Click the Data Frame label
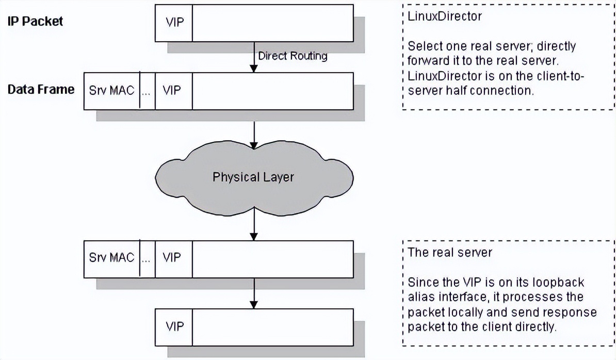click(x=41, y=89)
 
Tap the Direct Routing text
click(x=293, y=56)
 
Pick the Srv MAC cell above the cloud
click(x=111, y=91)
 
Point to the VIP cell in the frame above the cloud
click(x=173, y=91)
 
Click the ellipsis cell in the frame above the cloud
click(x=147, y=91)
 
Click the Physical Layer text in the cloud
click(x=253, y=177)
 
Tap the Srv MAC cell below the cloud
click(x=111, y=257)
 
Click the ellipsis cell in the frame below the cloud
click(x=147, y=257)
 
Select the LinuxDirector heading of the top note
click(x=444, y=16)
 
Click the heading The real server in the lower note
click(x=449, y=252)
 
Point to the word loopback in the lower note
click(x=561, y=283)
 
